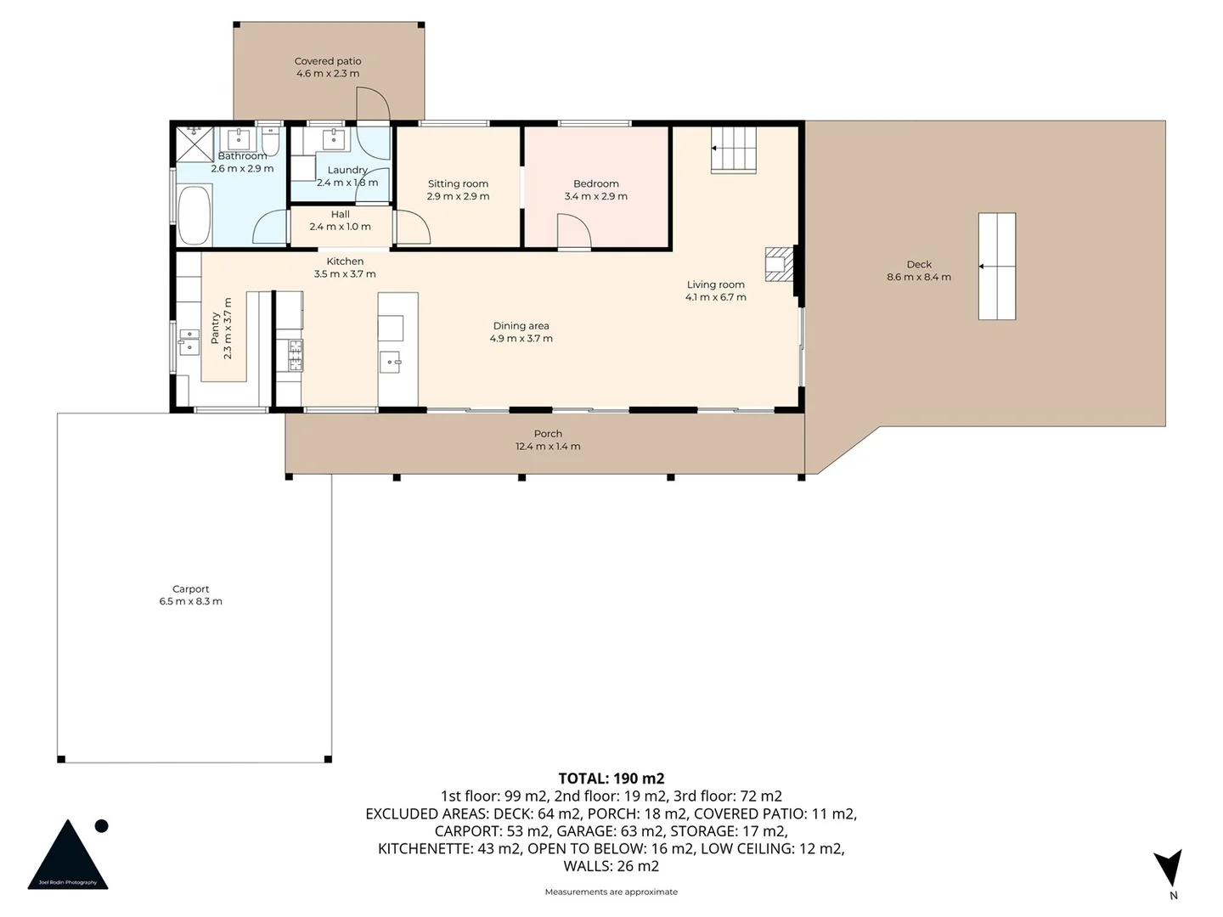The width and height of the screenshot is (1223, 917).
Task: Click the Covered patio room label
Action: point(328,61)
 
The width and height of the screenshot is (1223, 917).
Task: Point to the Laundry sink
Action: point(332,139)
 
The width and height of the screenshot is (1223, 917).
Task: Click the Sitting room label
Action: point(458,183)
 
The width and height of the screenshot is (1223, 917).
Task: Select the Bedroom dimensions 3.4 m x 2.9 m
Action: point(595,196)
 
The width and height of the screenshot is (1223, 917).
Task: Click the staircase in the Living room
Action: point(733,149)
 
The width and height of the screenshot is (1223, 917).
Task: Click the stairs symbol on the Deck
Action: point(996,266)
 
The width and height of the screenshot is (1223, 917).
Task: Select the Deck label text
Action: point(919,264)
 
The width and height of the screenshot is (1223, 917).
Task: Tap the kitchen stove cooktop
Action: point(295,354)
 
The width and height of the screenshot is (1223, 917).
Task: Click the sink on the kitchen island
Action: point(391,362)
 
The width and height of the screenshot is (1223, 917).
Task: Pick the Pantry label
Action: point(215,328)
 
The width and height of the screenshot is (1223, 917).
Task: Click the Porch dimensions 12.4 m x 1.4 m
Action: point(548,447)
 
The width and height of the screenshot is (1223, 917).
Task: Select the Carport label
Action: point(190,588)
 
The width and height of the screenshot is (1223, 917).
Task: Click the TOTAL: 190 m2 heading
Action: point(611,778)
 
